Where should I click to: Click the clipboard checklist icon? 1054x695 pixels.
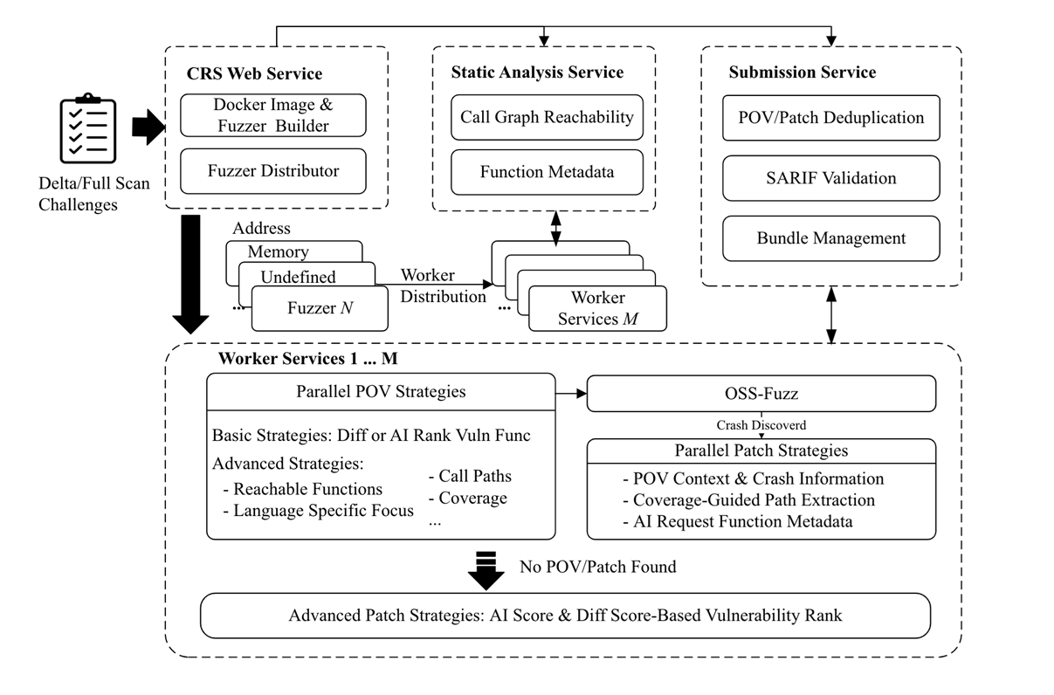coord(88,130)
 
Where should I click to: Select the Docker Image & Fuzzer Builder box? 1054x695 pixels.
coord(273,115)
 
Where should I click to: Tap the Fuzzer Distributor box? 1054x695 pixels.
coord(273,170)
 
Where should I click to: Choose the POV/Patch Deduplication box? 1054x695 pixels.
coord(831,117)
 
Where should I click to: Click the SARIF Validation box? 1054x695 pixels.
coord(831,178)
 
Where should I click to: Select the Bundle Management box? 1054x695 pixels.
coord(831,237)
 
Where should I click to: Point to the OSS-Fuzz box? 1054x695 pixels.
coord(761,393)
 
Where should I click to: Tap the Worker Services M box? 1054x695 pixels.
coord(598,309)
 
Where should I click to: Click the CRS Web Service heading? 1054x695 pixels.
coord(254,73)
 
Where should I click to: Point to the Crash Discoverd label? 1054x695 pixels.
coord(760,425)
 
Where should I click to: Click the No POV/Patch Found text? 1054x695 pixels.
coord(597,567)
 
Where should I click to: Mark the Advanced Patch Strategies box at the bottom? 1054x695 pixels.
coord(565,615)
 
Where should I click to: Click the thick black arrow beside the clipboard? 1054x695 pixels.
coord(147,128)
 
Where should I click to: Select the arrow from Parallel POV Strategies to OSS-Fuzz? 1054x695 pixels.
coord(571,394)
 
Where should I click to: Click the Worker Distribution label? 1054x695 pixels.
coord(443,286)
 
